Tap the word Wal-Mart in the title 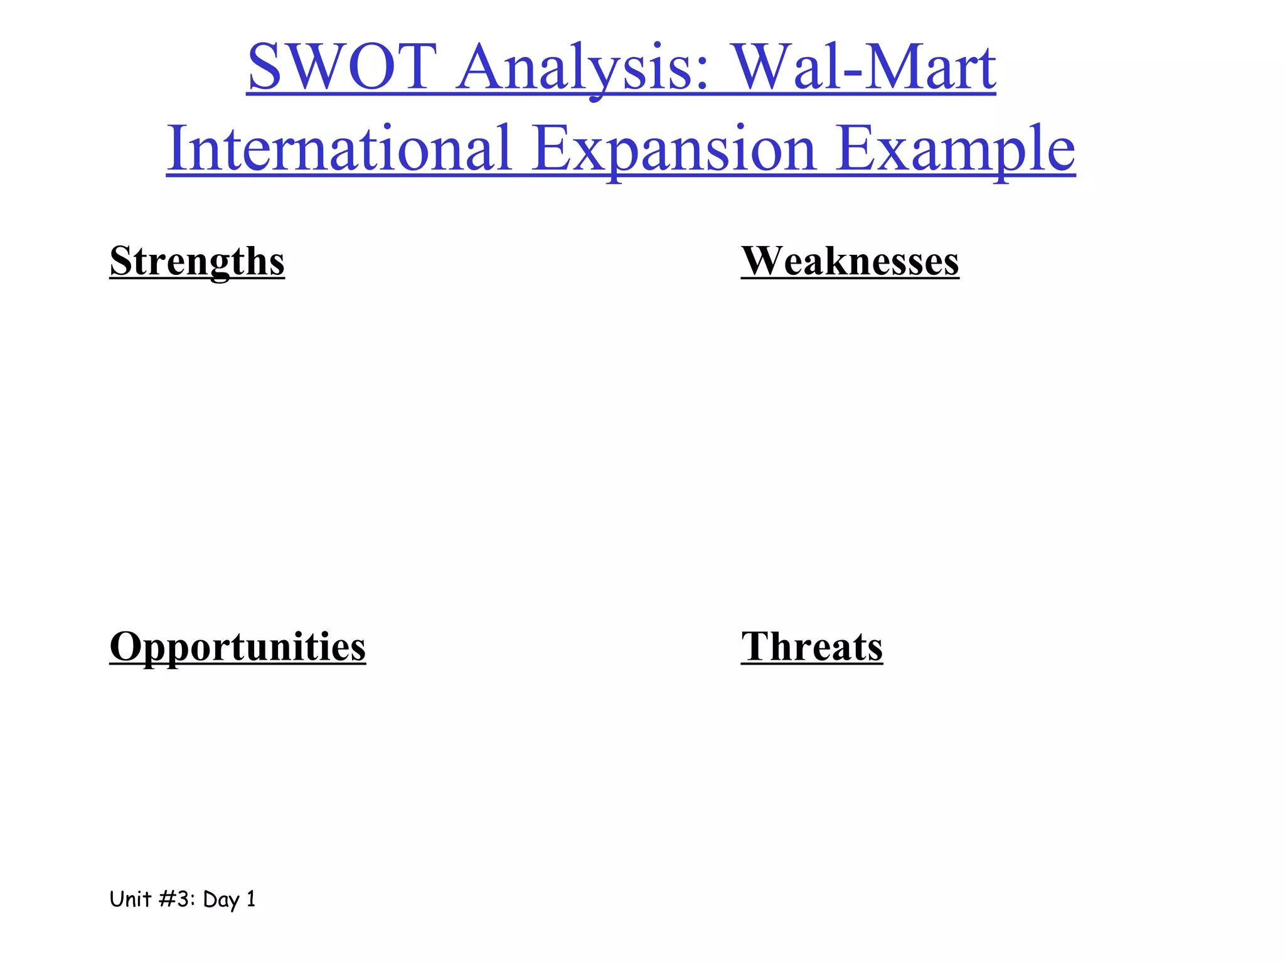coord(865,67)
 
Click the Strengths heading coord(197,261)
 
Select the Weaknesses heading coord(850,261)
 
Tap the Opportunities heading coord(237,646)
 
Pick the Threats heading coord(811,646)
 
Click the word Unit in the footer coord(131,899)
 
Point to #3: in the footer coord(177,899)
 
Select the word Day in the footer coord(221,900)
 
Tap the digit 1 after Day coord(251,899)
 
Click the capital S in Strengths coord(120,261)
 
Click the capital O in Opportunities coord(124,646)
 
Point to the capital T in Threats coord(754,646)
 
